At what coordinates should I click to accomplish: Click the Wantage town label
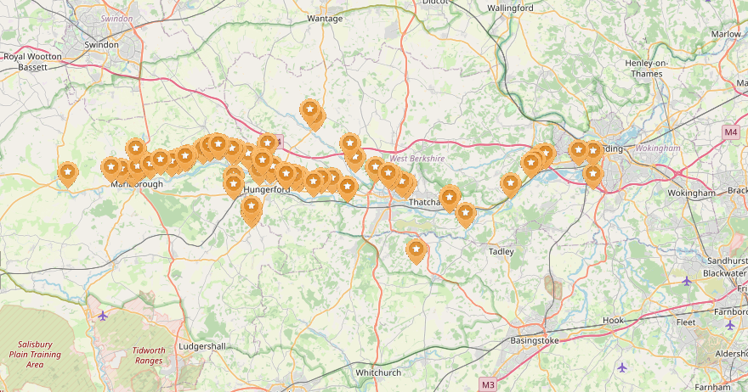[325, 18]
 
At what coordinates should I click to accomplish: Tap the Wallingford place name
[510, 8]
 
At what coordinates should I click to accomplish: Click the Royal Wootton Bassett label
[33, 61]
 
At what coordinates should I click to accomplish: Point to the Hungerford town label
[267, 190]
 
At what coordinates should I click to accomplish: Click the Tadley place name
[501, 251]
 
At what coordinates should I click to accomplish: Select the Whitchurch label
[378, 372]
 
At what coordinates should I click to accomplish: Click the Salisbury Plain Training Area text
[35, 354]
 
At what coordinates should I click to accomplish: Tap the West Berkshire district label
[416, 159]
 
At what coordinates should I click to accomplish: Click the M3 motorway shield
[488, 384]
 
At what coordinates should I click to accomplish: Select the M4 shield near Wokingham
[731, 132]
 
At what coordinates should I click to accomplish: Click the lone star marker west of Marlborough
[68, 173]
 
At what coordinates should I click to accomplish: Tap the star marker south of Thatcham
[416, 249]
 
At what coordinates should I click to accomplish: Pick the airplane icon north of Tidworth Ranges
[103, 316]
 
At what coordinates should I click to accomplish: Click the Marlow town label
[726, 34]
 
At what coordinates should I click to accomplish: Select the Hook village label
[613, 321]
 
